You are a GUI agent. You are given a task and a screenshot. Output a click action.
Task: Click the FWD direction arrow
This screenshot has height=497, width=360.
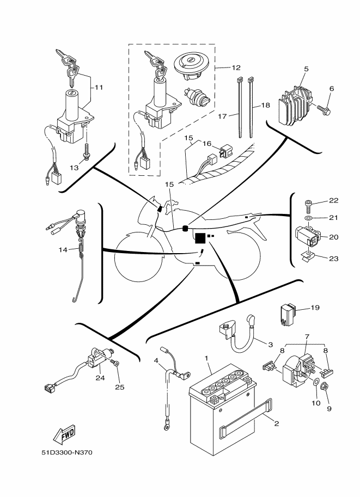pyautogui.click(x=64, y=434)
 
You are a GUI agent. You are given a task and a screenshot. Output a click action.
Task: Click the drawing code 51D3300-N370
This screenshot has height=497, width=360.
pyautogui.click(x=67, y=452)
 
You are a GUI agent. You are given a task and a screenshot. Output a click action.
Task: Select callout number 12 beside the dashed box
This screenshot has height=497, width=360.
pyautogui.click(x=236, y=68)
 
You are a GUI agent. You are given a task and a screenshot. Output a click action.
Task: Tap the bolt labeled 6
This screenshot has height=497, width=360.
pyautogui.click(x=324, y=110)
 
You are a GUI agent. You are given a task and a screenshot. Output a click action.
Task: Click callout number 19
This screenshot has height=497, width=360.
pyautogui.click(x=315, y=308)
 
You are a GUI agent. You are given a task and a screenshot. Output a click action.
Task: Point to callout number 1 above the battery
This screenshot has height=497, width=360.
pyautogui.click(x=206, y=358)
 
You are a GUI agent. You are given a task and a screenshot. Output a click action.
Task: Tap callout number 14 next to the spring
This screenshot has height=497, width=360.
pyautogui.click(x=63, y=250)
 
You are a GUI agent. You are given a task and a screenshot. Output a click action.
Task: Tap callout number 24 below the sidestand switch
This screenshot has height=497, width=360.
pyautogui.click(x=100, y=378)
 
